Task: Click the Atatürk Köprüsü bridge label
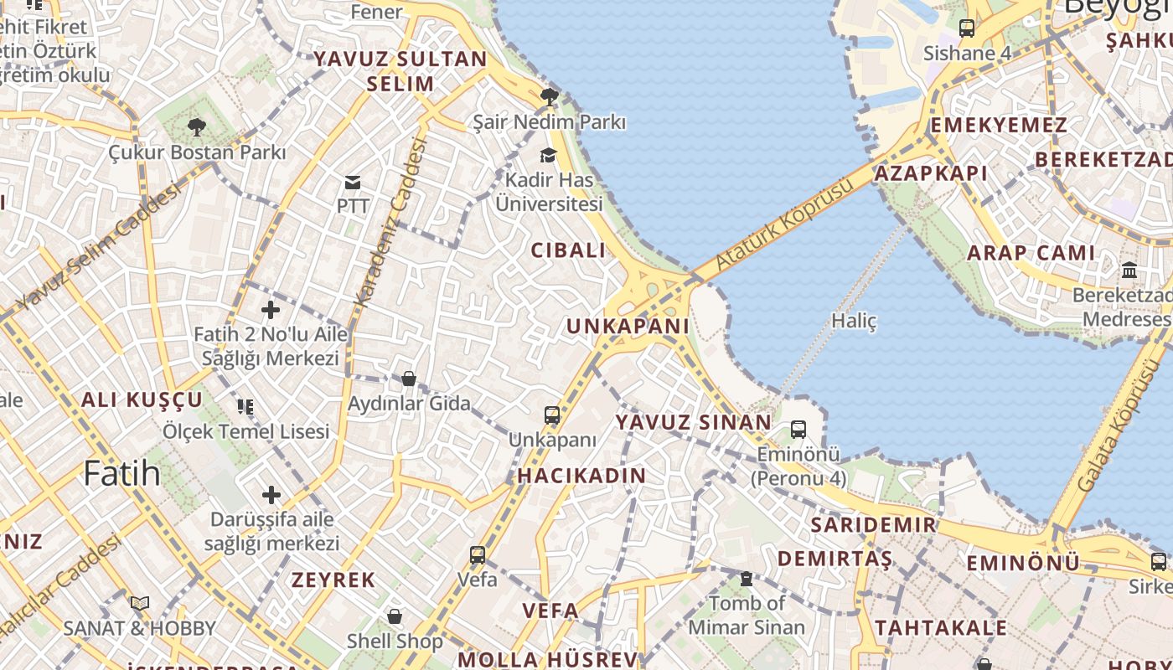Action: coord(776,228)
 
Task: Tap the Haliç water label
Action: coord(854,320)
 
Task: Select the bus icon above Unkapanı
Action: coord(552,415)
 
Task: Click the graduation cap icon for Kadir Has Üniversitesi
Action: coord(549,155)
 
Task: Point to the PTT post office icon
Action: coord(353,182)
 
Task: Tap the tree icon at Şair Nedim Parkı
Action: coord(549,97)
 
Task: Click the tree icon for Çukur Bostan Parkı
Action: coord(197,127)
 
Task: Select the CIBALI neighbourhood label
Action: coord(568,250)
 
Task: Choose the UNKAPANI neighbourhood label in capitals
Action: coord(628,326)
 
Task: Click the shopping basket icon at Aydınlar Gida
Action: coord(409,379)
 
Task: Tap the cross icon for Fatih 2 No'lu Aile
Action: coord(271,310)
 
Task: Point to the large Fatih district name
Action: coord(121,473)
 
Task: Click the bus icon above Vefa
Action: coord(478,554)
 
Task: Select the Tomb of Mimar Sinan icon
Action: coord(747,579)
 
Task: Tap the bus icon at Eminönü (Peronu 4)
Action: coord(798,430)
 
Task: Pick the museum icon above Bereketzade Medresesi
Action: coord(1129,271)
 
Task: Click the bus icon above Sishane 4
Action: coord(967,28)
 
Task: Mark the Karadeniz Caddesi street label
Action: coord(391,222)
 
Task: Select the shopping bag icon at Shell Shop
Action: coord(395,616)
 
